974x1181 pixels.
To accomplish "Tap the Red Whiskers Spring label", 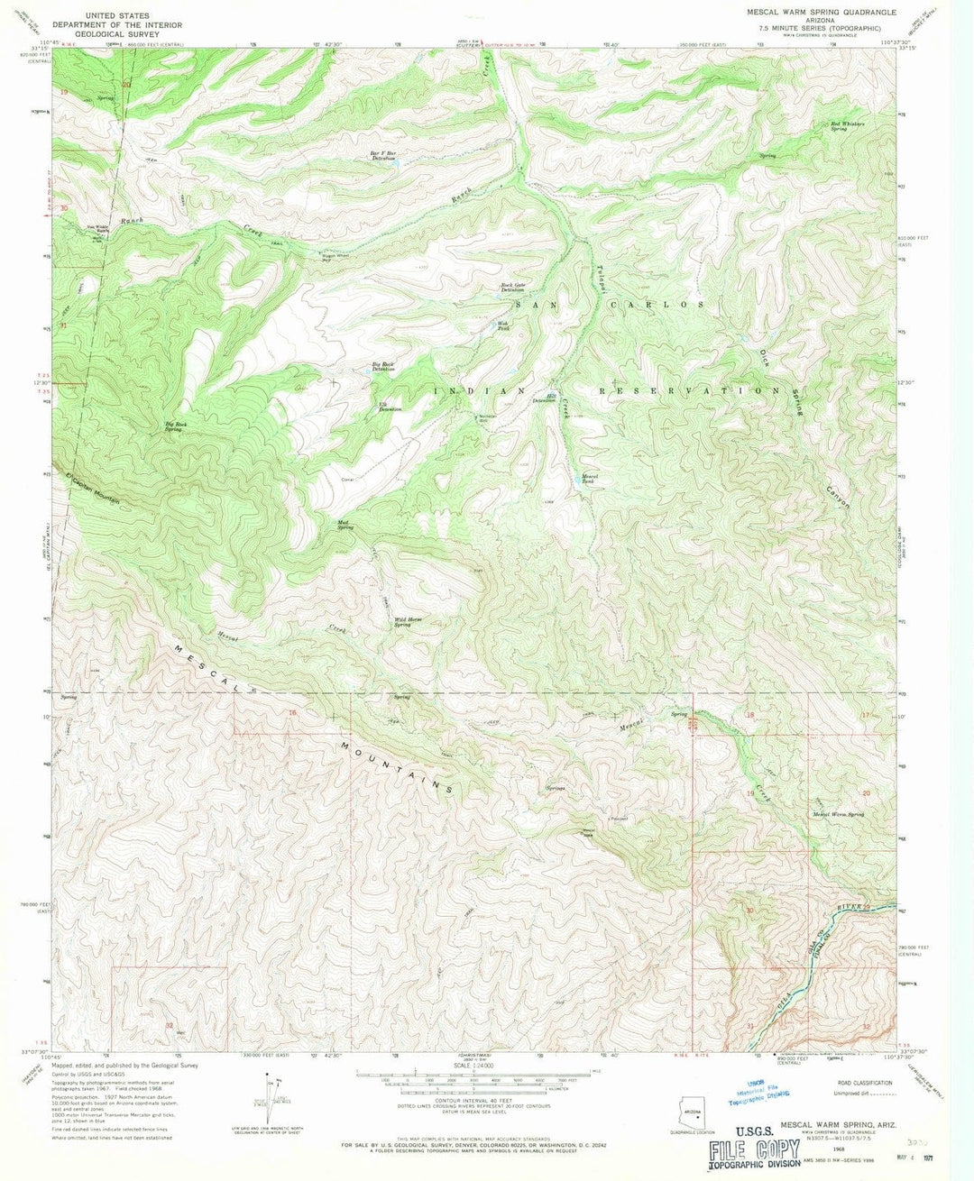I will coord(847,125).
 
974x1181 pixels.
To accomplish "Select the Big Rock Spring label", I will coord(175,426).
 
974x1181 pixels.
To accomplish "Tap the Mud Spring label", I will coord(345,524).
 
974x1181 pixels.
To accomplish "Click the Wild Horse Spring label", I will coord(408,621).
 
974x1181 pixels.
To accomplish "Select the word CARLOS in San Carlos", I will coord(668,305).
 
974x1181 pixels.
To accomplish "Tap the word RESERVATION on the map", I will coord(691,391).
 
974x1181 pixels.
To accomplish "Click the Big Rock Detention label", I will coord(383,367).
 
